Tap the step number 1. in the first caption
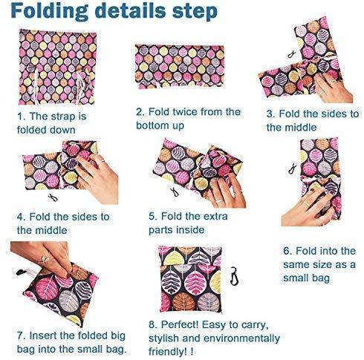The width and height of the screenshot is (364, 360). click(x=22, y=116)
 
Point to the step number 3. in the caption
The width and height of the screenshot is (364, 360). click(x=271, y=114)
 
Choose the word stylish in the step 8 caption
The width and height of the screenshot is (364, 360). click(x=163, y=338)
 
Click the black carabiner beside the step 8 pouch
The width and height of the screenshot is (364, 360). click(x=234, y=275)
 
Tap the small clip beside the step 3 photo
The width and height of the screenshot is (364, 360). click(x=292, y=54)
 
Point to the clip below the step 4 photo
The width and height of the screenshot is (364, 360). click(x=53, y=197)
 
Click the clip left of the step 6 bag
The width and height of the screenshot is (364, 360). click(x=293, y=168)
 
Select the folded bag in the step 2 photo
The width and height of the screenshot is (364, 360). click(x=179, y=66)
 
